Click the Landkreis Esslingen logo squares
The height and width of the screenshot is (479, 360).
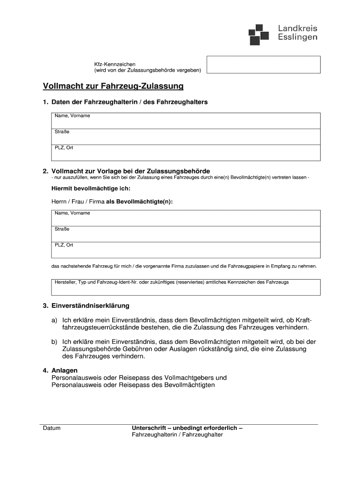click(259, 34)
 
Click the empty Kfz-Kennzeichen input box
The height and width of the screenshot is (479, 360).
click(263, 65)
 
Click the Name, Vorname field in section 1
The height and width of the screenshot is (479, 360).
click(186, 121)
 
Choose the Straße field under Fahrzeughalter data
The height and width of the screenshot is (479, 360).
click(186, 137)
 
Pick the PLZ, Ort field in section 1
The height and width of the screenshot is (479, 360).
click(186, 152)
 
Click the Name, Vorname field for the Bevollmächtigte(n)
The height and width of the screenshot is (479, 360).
click(186, 218)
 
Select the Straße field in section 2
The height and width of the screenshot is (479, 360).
click(186, 234)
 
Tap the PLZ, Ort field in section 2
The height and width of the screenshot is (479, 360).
click(186, 250)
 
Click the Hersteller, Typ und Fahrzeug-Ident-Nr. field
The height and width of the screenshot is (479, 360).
click(186, 287)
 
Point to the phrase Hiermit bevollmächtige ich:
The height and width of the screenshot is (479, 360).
click(91, 189)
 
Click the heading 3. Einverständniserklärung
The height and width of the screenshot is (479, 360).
click(86, 305)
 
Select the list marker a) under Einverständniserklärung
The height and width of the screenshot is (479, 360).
click(55, 320)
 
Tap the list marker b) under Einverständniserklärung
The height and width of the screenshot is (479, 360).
click(55, 341)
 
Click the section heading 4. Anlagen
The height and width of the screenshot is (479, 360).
click(60, 370)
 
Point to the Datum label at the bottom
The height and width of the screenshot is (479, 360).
click(51, 428)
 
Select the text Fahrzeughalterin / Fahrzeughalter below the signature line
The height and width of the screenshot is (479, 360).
click(177, 435)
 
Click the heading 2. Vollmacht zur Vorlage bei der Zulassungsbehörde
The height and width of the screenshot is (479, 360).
click(126, 171)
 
